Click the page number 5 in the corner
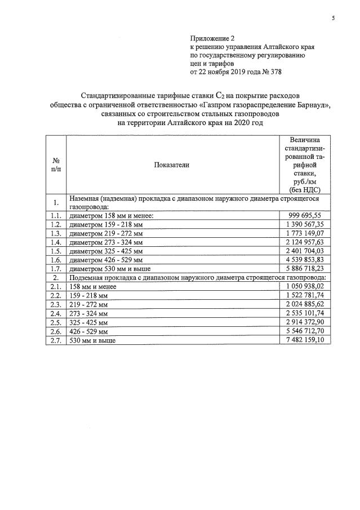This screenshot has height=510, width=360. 333,19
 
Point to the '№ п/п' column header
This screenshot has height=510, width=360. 56,165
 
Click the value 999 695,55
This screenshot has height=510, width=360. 304,215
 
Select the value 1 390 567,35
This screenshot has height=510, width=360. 304,224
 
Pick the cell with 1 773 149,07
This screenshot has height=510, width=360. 304,233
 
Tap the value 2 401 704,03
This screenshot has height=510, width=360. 304,250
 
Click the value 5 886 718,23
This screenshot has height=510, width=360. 304,268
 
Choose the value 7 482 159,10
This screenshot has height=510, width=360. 304,340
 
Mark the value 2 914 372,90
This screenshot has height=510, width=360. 304,322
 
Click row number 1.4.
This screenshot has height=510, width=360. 55,242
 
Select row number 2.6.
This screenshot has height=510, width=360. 55,331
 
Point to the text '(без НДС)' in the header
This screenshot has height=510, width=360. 304,190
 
